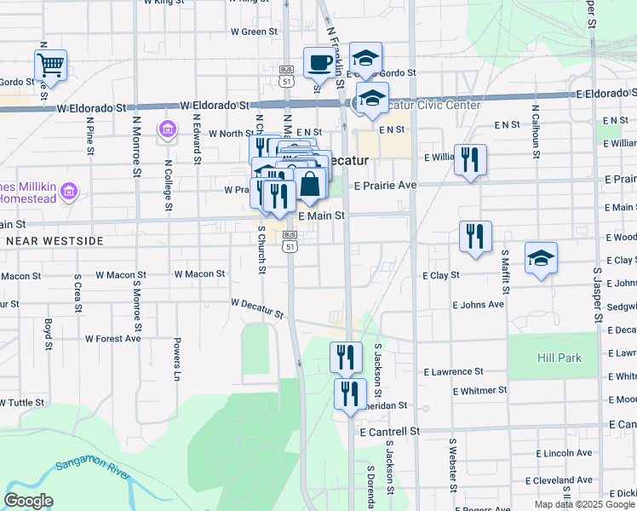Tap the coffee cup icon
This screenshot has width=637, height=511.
(319, 62)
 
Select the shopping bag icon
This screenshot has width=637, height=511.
(311, 183)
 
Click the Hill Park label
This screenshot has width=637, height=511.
(560, 358)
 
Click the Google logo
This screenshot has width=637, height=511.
(29, 501)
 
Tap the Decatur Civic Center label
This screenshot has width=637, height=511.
(423, 106)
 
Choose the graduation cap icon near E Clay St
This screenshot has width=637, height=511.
(541, 259)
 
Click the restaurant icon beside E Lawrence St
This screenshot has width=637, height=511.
(346, 357)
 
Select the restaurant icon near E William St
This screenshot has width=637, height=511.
(470, 159)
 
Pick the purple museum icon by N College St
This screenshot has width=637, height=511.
(167, 129)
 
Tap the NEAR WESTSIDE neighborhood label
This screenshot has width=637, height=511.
(55, 242)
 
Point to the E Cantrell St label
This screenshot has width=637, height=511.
(389, 432)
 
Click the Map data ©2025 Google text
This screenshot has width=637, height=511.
(584, 504)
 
